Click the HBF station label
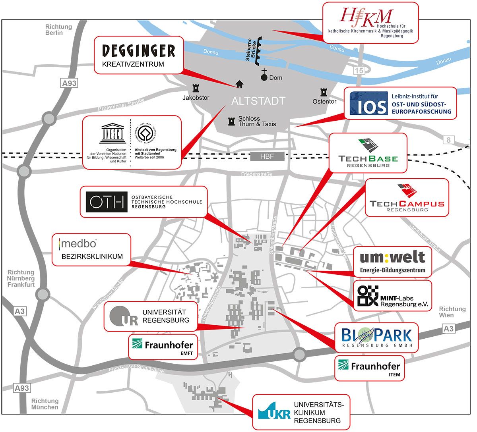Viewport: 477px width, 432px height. coord(267,156)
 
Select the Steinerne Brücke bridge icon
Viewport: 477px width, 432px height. coord(259,51)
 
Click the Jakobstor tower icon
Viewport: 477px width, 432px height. coord(196,88)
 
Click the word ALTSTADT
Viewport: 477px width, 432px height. coord(258,101)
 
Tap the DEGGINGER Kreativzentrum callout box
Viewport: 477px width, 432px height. coord(139,55)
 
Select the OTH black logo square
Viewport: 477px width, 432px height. coord(106,202)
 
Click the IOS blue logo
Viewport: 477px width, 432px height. coord(368,103)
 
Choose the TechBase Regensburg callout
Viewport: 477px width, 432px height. coord(368,153)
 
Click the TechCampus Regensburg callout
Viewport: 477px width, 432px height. coord(407,197)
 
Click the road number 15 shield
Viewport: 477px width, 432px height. coord(359,71)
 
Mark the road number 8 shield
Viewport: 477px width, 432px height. coord(449,140)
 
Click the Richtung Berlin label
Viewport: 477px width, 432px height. coord(59,30)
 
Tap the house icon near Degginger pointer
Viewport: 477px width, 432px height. coord(239,84)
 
